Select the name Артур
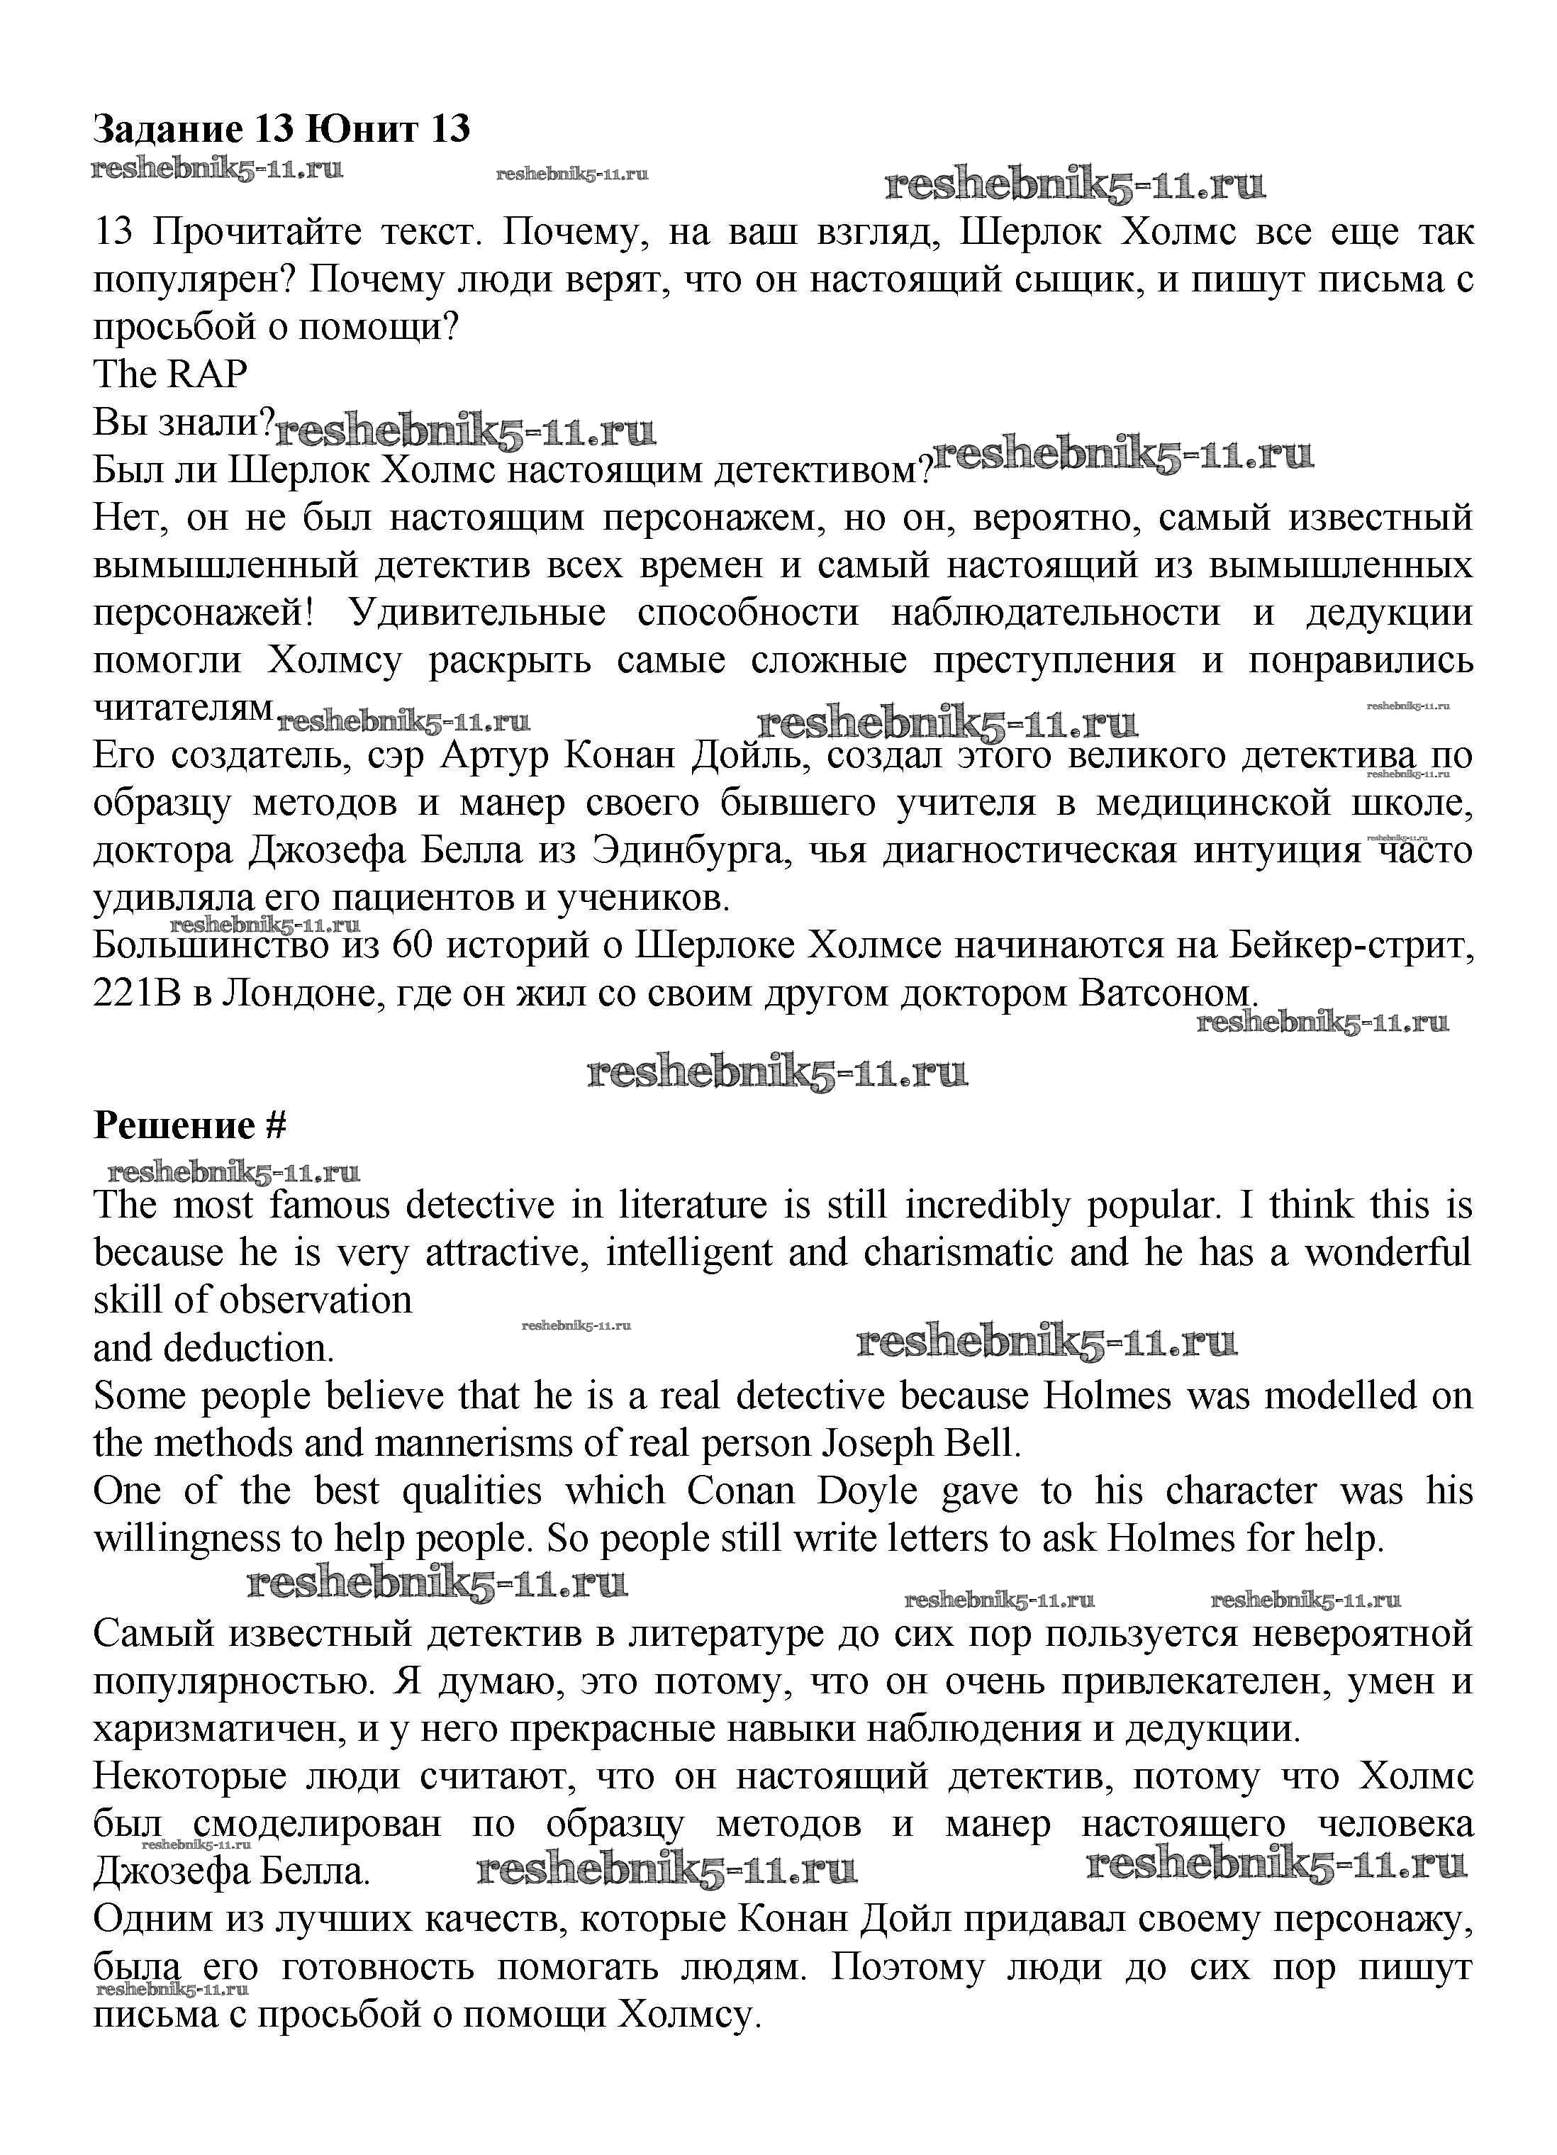[x=495, y=755]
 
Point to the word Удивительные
[x=477, y=613]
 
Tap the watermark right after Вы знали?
[x=466, y=433]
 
